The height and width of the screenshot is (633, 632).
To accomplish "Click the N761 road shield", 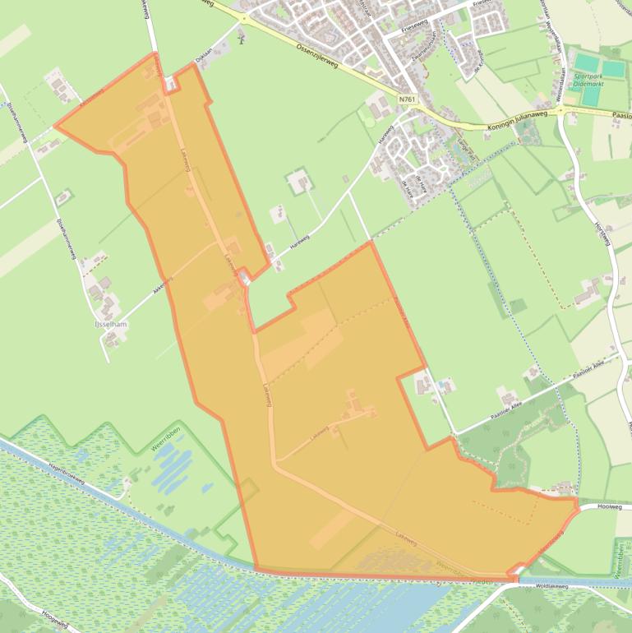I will click(x=407, y=99).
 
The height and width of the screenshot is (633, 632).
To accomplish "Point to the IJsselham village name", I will click(x=111, y=325).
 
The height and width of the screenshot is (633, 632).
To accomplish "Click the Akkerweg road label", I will click(x=162, y=284).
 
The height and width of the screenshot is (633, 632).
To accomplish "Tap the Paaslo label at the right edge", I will click(x=621, y=117).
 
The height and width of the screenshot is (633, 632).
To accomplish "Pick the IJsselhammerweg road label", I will click(x=66, y=238).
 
